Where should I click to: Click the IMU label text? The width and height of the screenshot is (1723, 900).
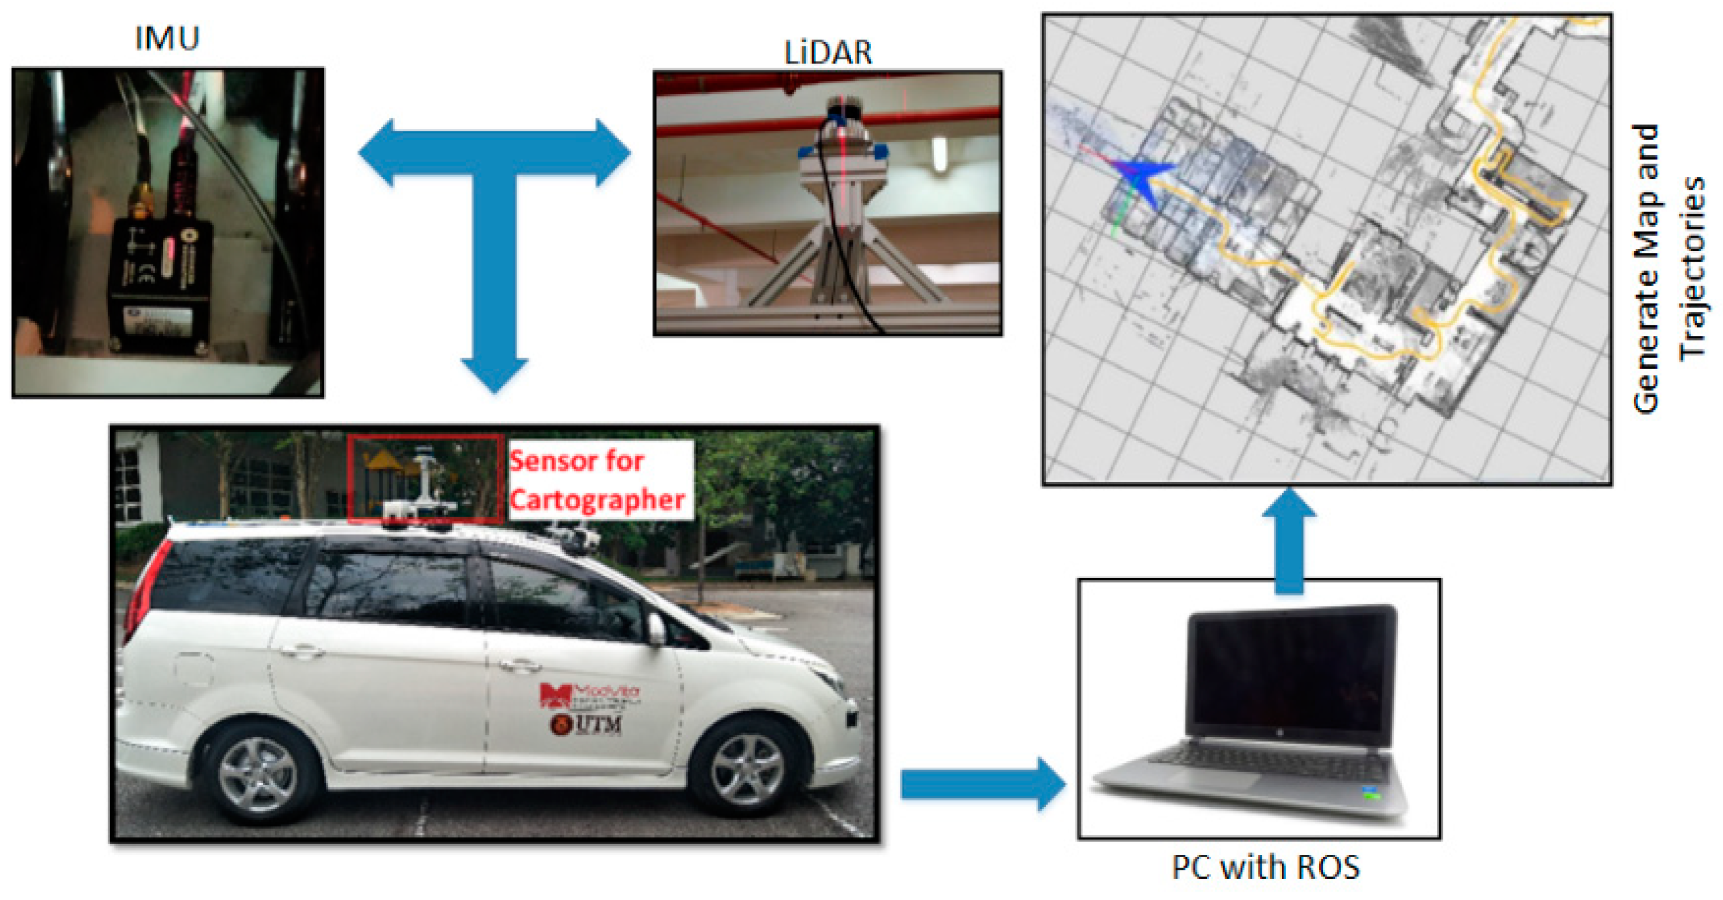tap(167, 38)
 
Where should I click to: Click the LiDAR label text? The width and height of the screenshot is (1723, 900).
tap(828, 53)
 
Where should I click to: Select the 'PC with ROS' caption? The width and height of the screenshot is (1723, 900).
tap(1266, 867)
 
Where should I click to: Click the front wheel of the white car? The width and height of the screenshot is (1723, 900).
tap(746, 770)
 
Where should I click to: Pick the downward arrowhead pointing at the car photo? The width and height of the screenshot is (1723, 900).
tap(494, 375)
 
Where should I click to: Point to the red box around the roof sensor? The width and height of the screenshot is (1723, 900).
tap(424, 478)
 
